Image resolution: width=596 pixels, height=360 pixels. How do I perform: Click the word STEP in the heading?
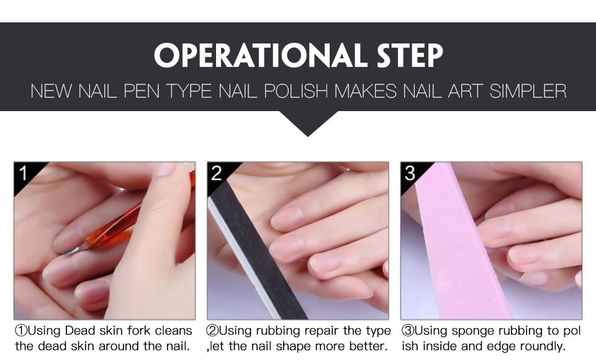point(410,55)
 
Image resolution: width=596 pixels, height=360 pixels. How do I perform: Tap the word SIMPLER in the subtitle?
point(528,91)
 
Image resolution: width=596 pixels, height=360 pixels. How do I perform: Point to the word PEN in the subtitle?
point(142,91)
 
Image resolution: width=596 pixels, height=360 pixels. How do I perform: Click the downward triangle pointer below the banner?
point(309,123)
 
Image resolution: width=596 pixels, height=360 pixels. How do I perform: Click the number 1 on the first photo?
point(24,173)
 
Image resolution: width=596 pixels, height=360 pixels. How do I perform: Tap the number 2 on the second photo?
point(216,173)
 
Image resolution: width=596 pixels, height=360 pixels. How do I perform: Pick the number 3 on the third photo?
point(410,173)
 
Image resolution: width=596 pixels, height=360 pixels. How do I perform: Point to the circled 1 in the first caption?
point(21,331)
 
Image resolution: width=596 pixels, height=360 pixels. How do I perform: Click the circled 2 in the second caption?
point(212,331)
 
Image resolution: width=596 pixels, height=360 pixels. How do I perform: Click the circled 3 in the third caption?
point(408,331)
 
